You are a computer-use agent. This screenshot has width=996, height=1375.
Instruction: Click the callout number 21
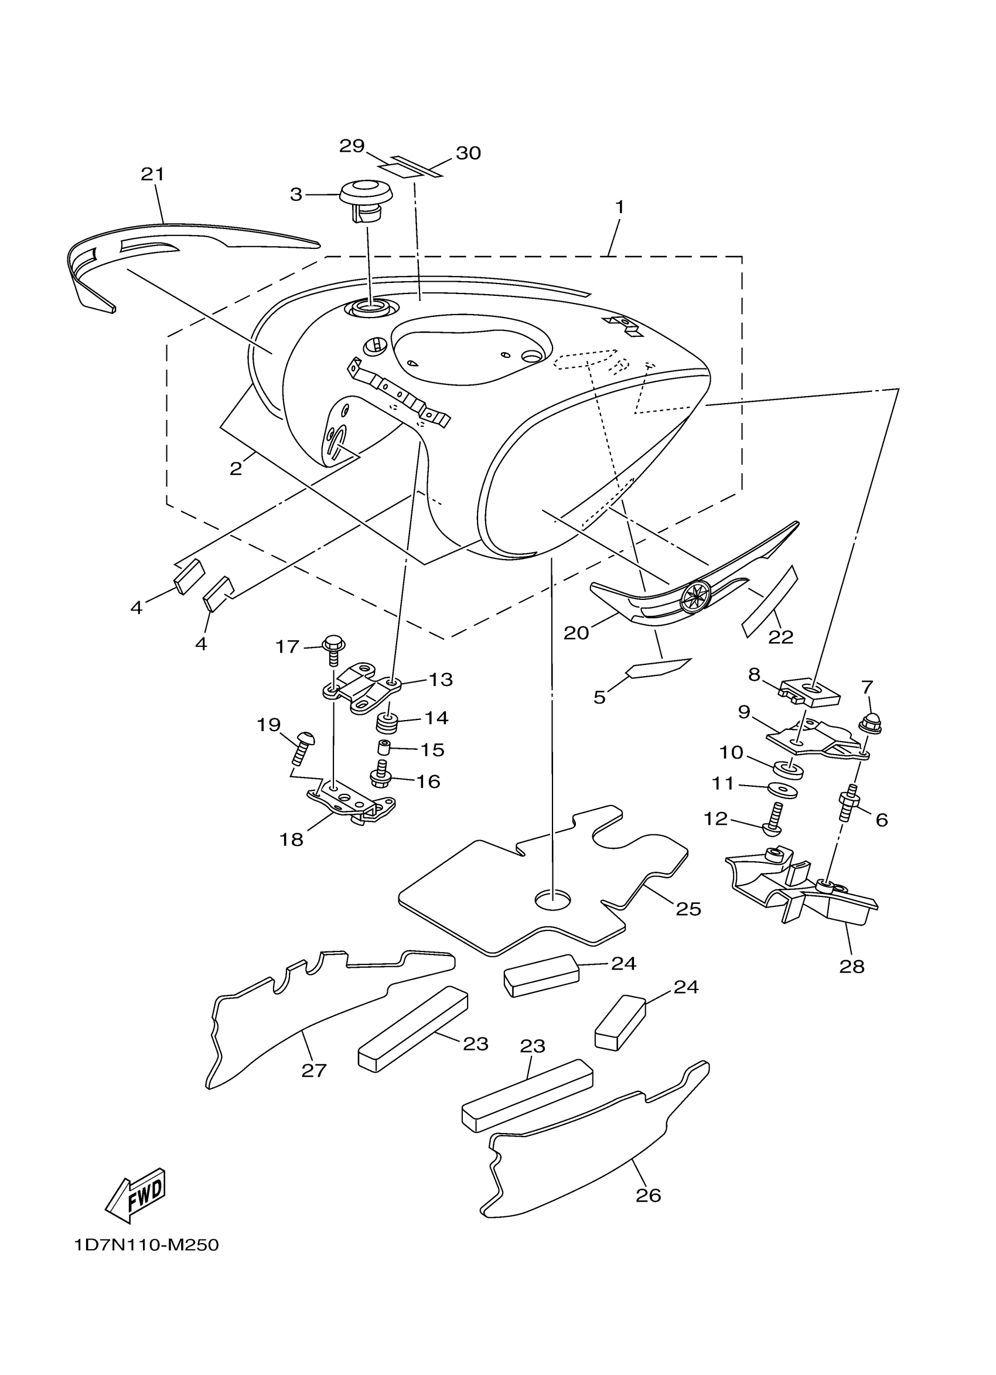153,175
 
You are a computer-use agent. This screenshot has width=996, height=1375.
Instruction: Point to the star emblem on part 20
695,596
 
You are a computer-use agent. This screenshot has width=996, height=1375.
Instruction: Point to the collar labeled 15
383,746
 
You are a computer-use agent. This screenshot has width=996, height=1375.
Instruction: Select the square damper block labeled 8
809,693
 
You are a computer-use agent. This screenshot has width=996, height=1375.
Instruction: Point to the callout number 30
468,153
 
